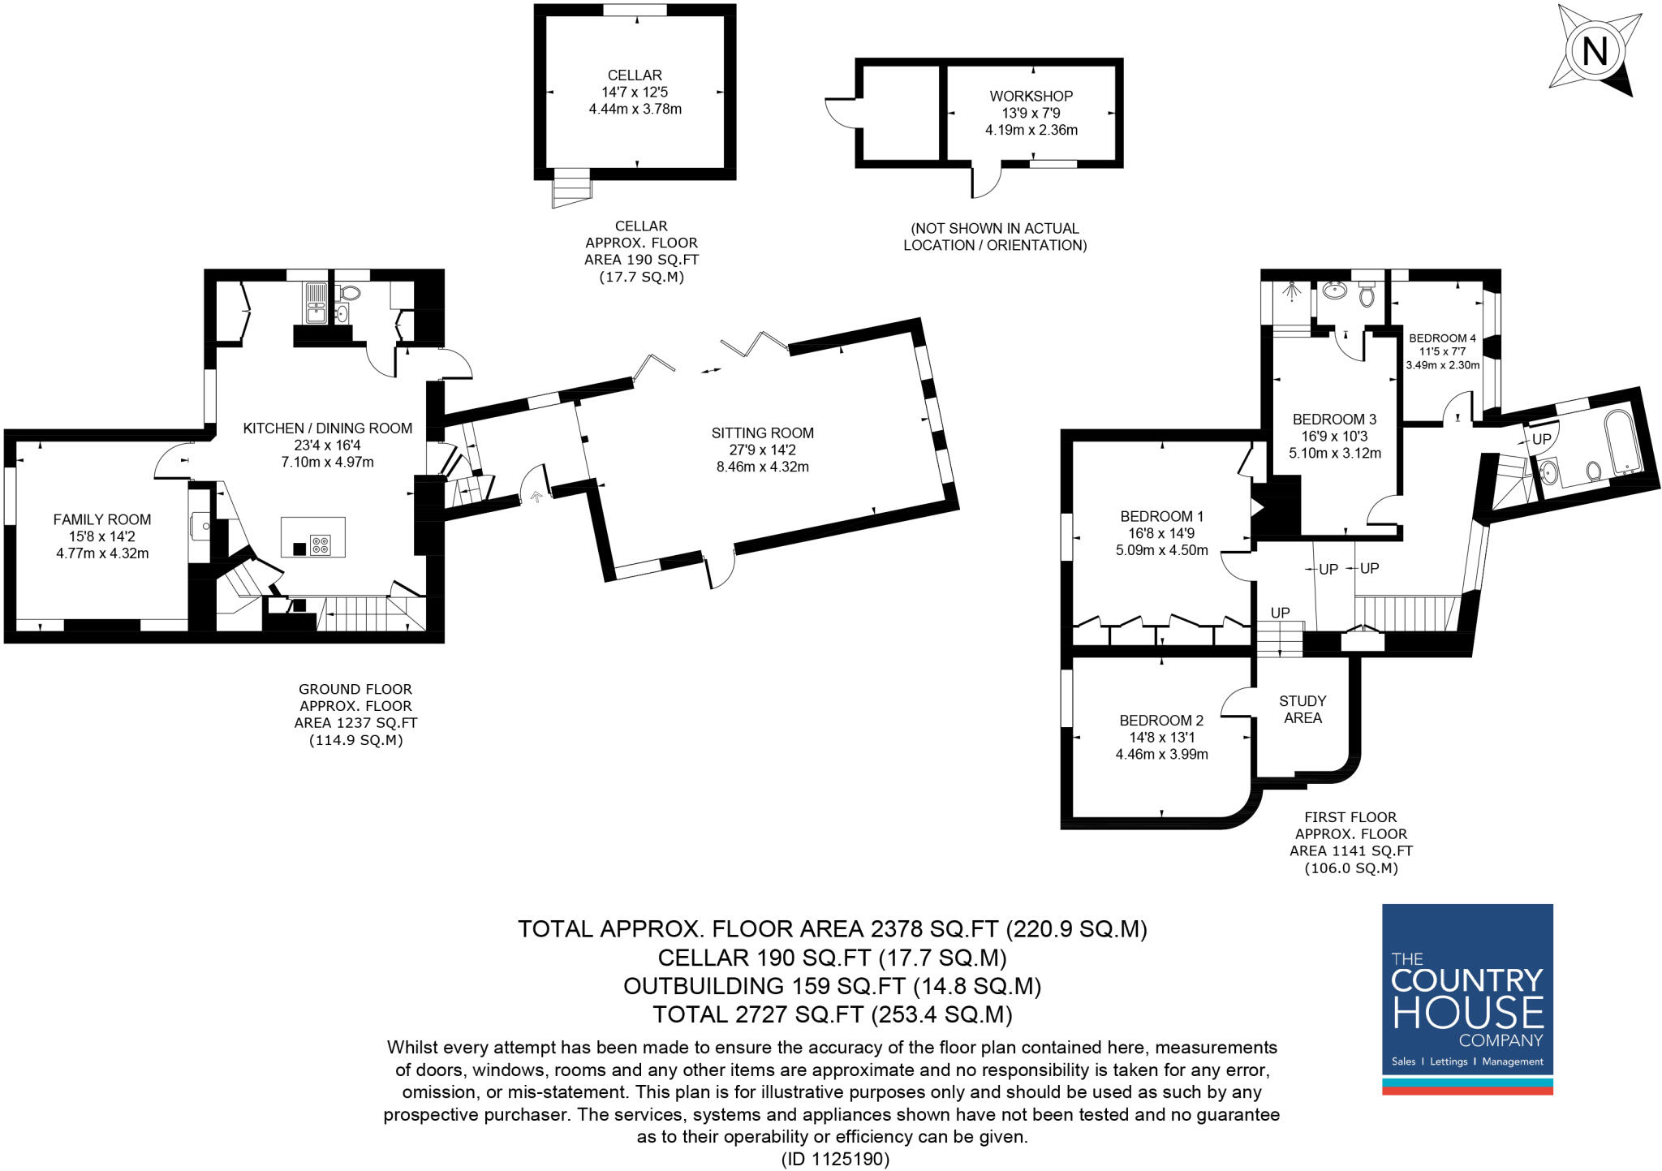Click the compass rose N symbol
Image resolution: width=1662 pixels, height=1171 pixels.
coord(1595,52)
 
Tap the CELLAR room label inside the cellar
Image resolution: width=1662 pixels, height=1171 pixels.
coord(635,75)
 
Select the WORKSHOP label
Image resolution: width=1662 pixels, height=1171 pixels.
coord(1031,96)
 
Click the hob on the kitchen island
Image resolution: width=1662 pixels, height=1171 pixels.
coord(321,545)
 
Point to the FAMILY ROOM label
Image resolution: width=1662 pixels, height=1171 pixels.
coord(102,519)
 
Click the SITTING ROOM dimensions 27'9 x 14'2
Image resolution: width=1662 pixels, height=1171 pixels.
coord(762,450)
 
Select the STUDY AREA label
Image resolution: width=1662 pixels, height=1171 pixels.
coord(1302,709)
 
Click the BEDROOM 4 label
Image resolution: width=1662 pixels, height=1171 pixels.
coord(1442,338)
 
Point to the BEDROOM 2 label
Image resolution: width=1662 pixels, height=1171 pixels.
coord(1161,720)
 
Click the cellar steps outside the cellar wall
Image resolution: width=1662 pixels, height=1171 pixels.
coord(571,188)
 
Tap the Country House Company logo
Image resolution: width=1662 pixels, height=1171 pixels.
coord(1467,999)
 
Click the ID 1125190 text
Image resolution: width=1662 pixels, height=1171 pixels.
coord(835,1159)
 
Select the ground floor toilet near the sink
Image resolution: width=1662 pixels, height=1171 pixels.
coord(351,294)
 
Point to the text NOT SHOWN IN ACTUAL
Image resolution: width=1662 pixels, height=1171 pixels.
coord(994,228)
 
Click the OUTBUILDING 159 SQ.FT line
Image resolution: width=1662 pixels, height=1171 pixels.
coord(832,986)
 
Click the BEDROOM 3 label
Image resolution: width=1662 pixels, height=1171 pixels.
coord(1334,419)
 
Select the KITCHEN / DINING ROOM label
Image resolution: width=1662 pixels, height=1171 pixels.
coord(327,428)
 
